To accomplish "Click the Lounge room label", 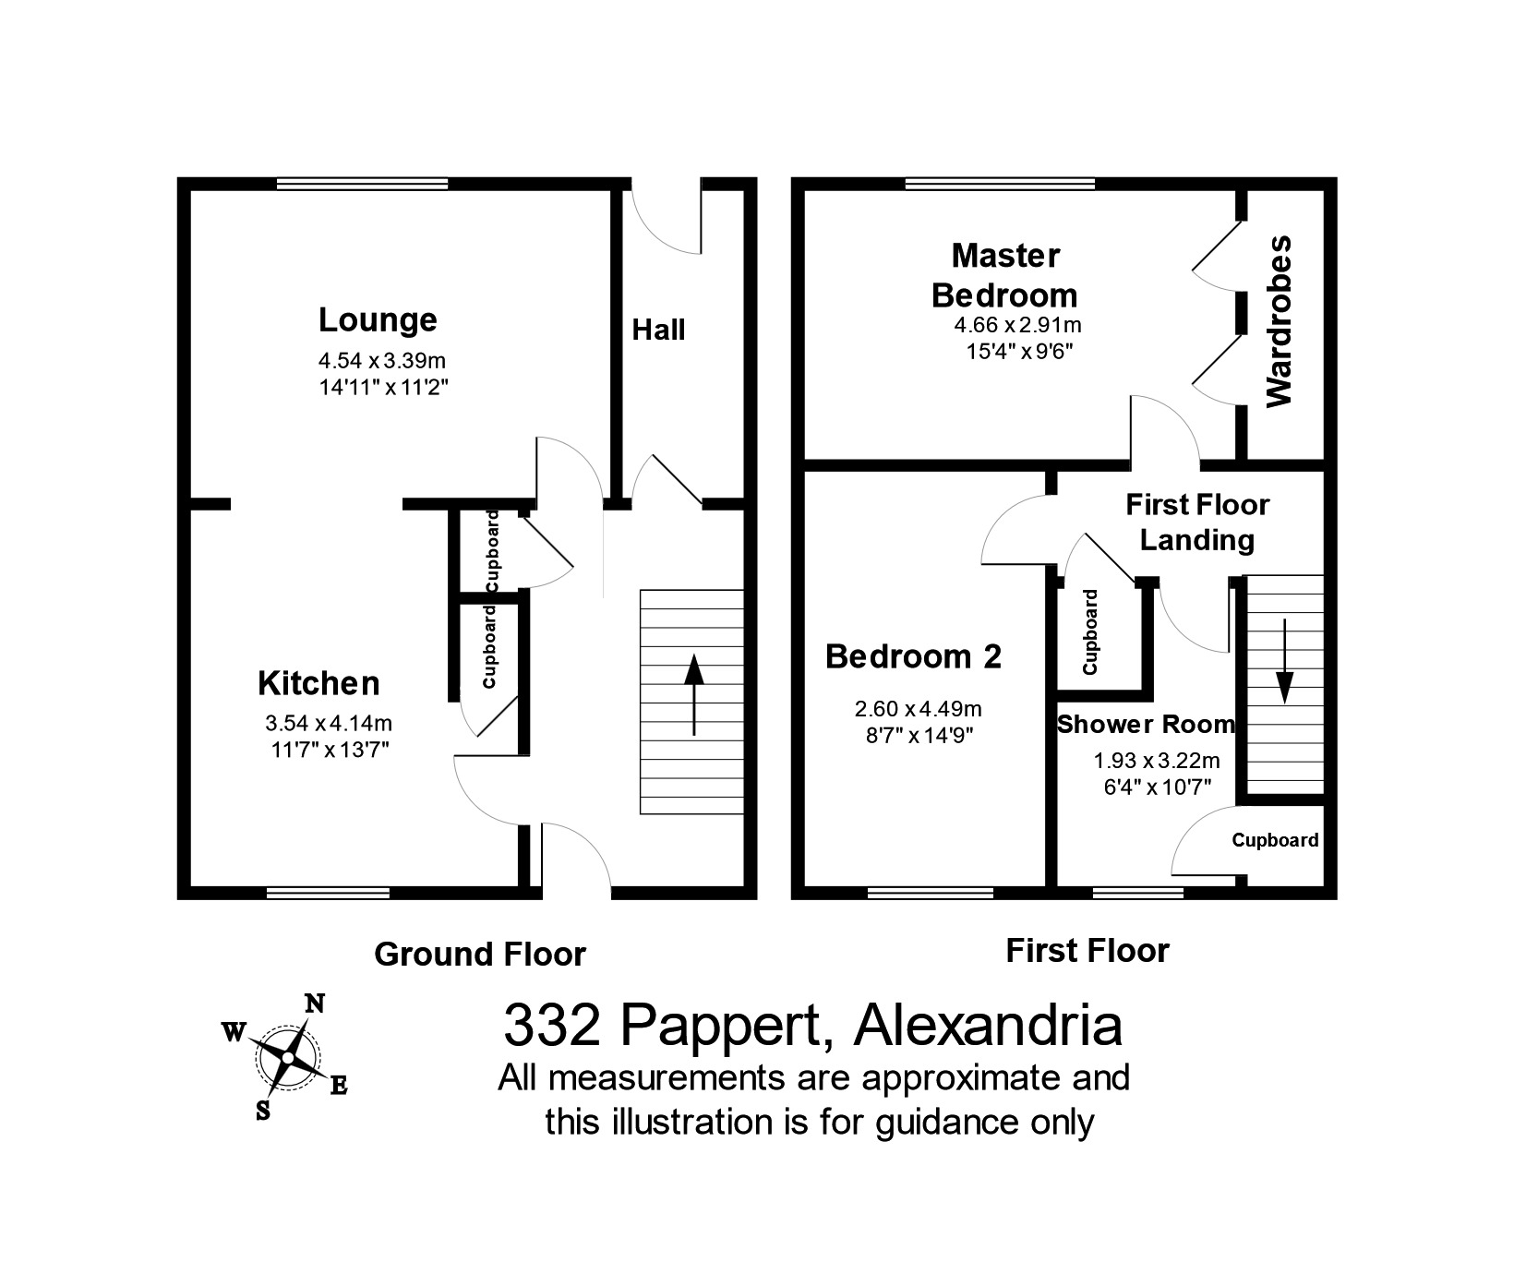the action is pyautogui.click(x=378, y=320).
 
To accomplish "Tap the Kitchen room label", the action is pyautogui.click(x=318, y=684).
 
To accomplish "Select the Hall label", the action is pyautogui.click(x=658, y=330).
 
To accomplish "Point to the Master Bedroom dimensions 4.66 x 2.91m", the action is pyautogui.click(x=1017, y=325).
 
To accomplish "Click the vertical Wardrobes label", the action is pyautogui.click(x=1280, y=321).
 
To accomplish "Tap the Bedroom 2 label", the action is pyautogui.click(x=913, y=657).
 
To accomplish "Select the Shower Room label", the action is pyautogui.click(x=1146, y=725).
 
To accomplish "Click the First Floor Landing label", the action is pyautogui.click(x=1197, y=523).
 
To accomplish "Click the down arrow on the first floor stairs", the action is pyautogui.click(x=1285, y=674).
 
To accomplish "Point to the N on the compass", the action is pyautogui.click(x=315, y=1004).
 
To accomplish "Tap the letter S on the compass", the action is pyautogui.click(x=263, y=1111).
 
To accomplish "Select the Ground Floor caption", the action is pyautogui.click(x=480, y=955).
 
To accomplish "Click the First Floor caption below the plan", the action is pyautogui.click(x=1087, y=951).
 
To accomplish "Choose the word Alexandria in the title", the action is pyautogui.click(x=989, y=1026).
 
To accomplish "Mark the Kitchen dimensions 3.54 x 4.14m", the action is pyautogui.click(x=329, y=724).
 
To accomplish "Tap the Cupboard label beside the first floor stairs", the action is pyautogui.click(x=1275, y=841).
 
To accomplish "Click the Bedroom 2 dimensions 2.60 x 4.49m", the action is pyautogui.click(x=918, y=709).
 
